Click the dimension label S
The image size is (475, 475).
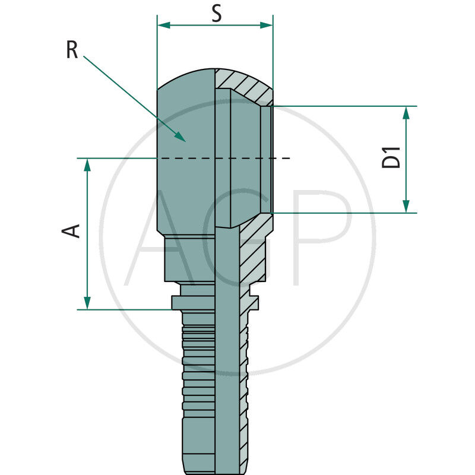pyautogui.click(x=217, y=13)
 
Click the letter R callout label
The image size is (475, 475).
pyautogui.click(x=72, y=50)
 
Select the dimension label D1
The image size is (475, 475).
pyautogui.click(x=392, y=157)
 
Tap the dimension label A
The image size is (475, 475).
pyautogui.click(x=72, y=231)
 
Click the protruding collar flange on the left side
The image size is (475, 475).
pyautogui.click(x=177, y=303)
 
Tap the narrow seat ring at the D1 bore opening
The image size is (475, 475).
pyautogui.click(x=267, y=159)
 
